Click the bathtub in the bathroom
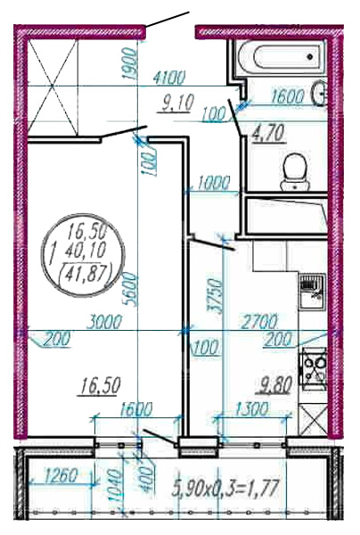pyautogui.click(x=280, y=57)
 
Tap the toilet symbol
pyautogui.click(x=295, y=172)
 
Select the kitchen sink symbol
pyautogui.click(x=312, y=292)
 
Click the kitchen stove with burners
pyautogui.click(x=313, y=369)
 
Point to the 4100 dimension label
pyautogui.click(x=169, y=78)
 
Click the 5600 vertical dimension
pyautogui.click(x=131, y=290)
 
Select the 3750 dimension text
pyautogui.click(x=215, y=296)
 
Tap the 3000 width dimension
pyautogui.click(x=103, y=322)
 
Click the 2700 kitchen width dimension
pyautogui.click(x=258, y=321)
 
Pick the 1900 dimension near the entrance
pyautogui.click(x=130, y=64)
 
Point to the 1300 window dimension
pyautogui.click(x=251, y=409)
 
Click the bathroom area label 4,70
pyautogui.click(x=267, y=133)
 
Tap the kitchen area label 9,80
pyautogui.click(x=275, y=387)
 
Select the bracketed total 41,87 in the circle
pyautogui.click(x=86, y=274)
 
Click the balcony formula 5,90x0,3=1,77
pyautogui.click(x=225, y=487)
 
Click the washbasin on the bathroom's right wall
pyautogui.click(x=320, y=92)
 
